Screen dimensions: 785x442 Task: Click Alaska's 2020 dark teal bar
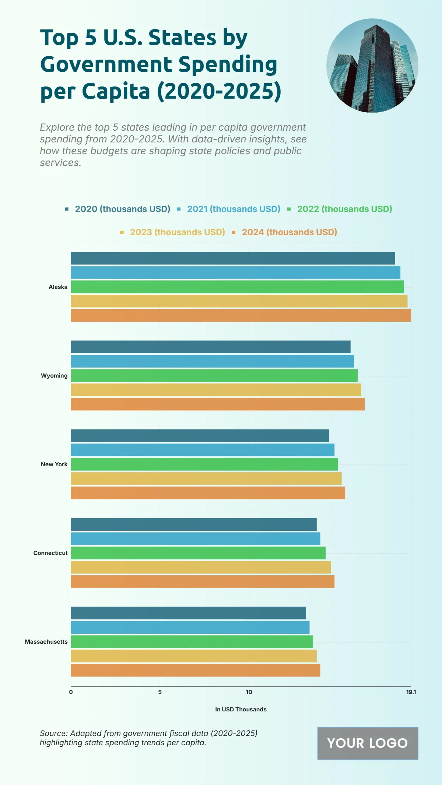tap(233, 258)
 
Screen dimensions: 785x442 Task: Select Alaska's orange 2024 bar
tap(241, 315)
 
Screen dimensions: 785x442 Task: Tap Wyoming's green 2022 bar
tap(214, 375)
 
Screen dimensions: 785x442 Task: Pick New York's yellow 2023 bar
tap(206, 478)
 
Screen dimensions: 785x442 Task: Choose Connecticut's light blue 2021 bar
tap(196, 538)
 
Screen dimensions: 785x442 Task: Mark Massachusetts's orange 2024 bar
tap(196, 670)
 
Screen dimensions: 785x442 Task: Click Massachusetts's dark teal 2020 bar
tap(188, 613)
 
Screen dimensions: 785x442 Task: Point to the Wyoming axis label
tap(54, 375)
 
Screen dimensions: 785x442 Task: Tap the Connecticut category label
tap(50, 553)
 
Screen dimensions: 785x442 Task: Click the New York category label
tap(54, 464)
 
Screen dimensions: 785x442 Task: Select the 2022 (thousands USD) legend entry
tap(344, 209)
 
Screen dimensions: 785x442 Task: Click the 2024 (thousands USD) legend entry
tap(289, 232)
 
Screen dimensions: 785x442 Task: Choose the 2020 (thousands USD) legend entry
tap(122, 209)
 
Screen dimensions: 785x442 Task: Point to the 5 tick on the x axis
tap(160, 692)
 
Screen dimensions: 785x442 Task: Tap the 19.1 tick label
tap(411, 692)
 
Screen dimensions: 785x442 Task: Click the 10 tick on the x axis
tap(249, 692)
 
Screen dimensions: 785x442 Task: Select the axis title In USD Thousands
tap(241, 709)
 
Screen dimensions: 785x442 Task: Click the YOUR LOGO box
tap(368, 743)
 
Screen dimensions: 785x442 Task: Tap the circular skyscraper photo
tap(372, 66)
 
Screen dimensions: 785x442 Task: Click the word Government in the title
tap(106, 64)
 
